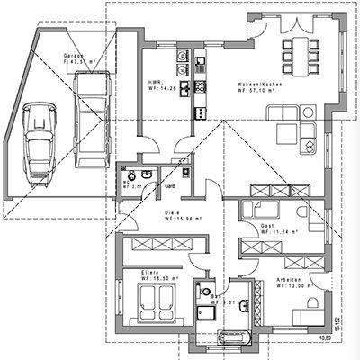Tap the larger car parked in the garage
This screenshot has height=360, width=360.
pos(91,117)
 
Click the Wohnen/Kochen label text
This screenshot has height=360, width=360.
pos(258,84)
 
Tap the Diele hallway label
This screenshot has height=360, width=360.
pos(172,212)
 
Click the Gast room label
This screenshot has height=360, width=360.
pos(267,225)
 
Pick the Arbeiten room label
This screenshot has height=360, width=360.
pos(291,280)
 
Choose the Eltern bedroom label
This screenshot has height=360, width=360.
pos(149,272)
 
